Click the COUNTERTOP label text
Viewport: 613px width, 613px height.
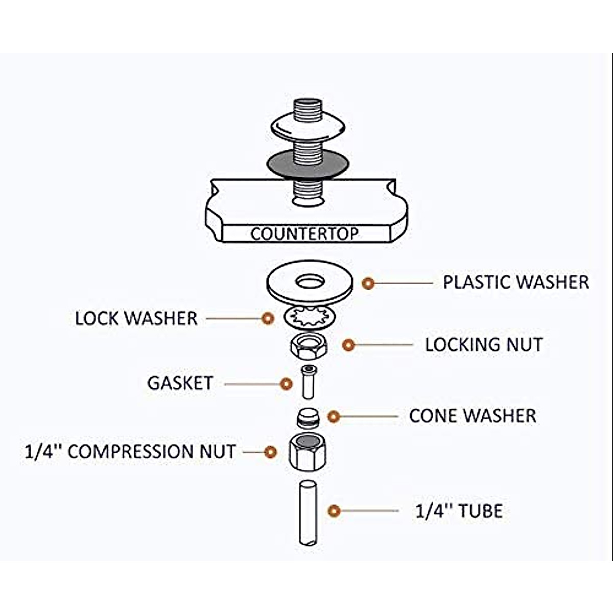304,234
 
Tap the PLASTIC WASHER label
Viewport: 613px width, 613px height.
515,282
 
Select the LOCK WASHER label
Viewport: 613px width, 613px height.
136,318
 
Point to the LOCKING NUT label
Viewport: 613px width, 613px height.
483,345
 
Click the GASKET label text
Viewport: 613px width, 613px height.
180,383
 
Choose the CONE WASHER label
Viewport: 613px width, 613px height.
473,416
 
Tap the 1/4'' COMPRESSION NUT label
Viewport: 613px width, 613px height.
130,452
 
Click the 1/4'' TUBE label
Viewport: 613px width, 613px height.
459,511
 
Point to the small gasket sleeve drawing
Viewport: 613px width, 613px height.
308,382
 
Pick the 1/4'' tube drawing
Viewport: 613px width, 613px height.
308,512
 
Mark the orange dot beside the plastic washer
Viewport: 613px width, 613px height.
368,282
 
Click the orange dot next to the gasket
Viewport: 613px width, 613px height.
287,383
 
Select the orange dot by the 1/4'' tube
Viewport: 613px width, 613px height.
334,511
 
